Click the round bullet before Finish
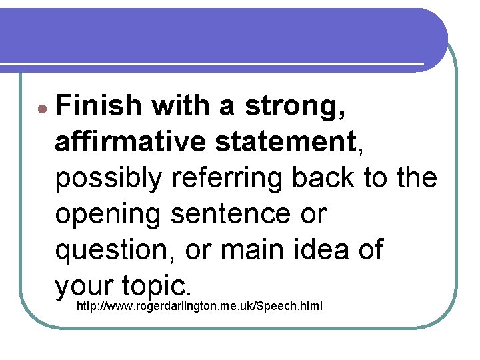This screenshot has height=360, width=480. pos(41,107)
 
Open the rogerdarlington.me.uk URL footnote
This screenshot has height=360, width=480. pos(200,307)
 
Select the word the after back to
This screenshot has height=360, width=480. pos(415,178)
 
